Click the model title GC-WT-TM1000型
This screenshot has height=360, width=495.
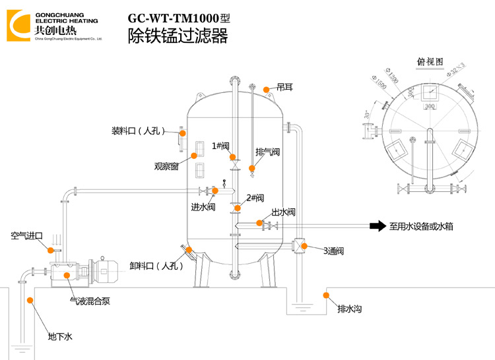pyautogui.click(x=179, y=18)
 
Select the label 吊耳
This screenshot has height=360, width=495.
pyautogui.click(x=284, y=87)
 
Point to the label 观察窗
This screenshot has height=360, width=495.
pyautogui.click(x=166, y=167)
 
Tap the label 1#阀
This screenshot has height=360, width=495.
pyautogui.click(x=220, y=146)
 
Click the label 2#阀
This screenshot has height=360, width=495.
pyautogui.click(x=255, y=198)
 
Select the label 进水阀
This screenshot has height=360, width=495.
pyautogui.click(x=203, y=207)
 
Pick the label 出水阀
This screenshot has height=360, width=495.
pyautogui.click(x=282, y=212)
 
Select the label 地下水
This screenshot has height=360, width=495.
pyautogui.click(x=59, y=337)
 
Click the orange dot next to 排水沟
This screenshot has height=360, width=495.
pyautogui.click(x=325, y=295)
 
